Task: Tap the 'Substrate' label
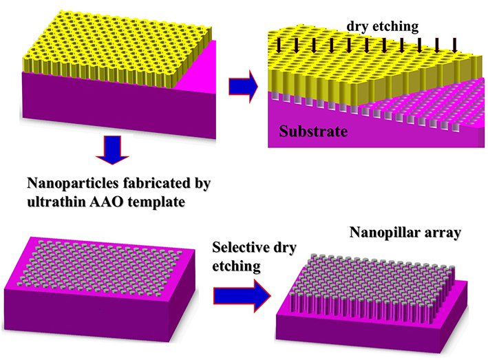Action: click(313, 131)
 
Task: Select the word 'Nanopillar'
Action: click(384, 233)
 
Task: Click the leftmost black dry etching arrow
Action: click(279, 47)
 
